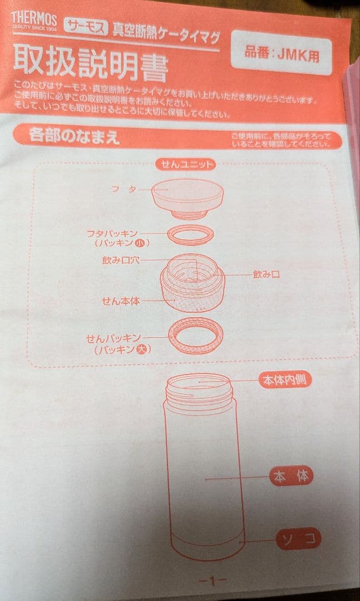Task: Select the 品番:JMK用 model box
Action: [x=281, y=54]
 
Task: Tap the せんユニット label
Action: [x=187, y=164]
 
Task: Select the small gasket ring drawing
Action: [x=189, y=235]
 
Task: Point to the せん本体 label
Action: [x=120, y=300]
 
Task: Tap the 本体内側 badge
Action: [x=284, y=380]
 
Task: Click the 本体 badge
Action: [x=292, y=476]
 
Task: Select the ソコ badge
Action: [x=298, y=538]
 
